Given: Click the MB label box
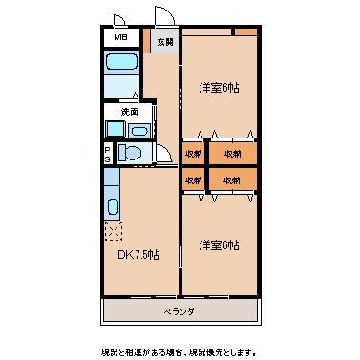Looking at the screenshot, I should coord(119,37).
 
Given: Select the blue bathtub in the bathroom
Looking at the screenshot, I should coord(120,66).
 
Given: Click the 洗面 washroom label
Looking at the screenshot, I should coord(116,112).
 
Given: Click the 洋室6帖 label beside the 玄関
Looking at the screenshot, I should coord(219,88).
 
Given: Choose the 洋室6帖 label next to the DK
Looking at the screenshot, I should coord(219,245).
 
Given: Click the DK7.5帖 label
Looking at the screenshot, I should coord(138,255).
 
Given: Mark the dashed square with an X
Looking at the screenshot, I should coord(114,229).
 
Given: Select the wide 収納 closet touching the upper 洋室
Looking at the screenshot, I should coord(232,153).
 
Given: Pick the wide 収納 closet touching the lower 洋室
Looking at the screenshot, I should coord(232,179).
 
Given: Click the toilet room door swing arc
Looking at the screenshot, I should coord(166,159).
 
